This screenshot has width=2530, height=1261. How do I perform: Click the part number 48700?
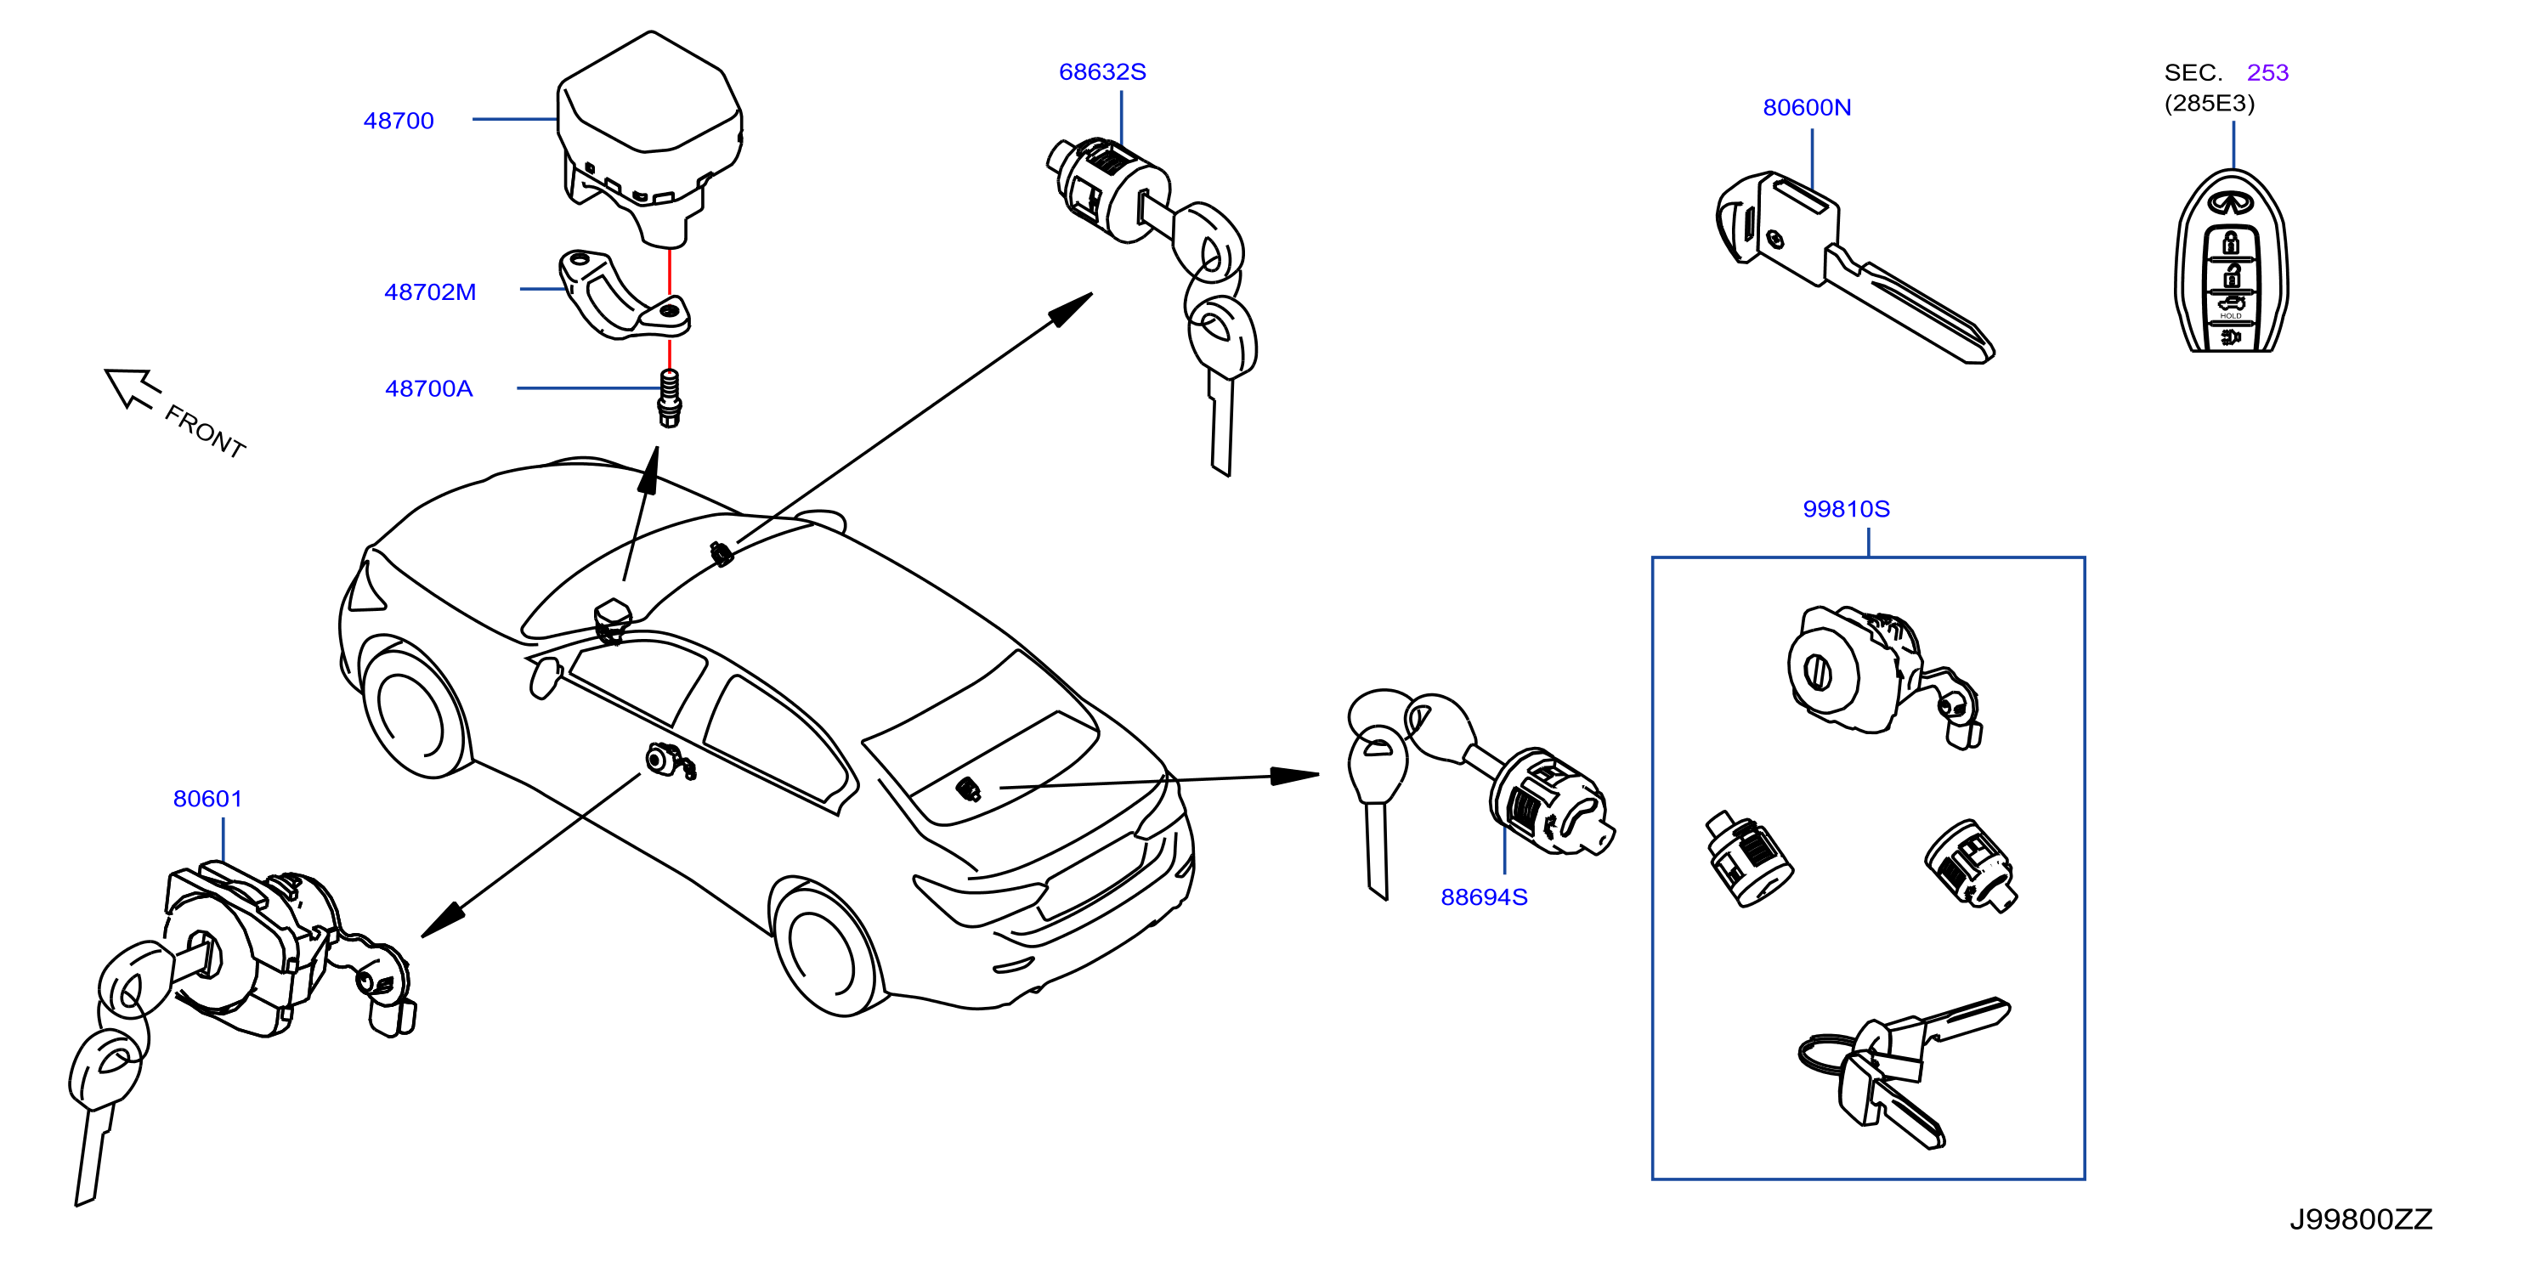coord(398,121)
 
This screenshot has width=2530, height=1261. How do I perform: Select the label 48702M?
coord(429,291)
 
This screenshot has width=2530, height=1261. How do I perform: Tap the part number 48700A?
coord(428,389)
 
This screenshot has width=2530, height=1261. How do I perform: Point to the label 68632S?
coord(1102,71)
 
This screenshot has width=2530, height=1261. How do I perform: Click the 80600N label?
coord(1806,107)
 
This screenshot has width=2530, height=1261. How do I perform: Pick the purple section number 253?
coord(2267,73)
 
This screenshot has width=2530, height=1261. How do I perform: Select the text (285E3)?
coord(2209,103)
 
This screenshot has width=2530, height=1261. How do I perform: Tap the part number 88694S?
coord(1483,896)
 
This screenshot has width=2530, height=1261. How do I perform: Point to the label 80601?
coord(207,799)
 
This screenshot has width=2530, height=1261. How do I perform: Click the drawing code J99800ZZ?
coord(2361,1219)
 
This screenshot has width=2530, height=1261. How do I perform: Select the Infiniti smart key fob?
coord(2232,263)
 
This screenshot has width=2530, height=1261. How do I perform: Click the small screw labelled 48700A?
coord(669,399)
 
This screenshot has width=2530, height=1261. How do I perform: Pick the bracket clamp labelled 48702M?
coord(625,295)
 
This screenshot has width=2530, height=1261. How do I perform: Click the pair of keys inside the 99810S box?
coord(1904,1072)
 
